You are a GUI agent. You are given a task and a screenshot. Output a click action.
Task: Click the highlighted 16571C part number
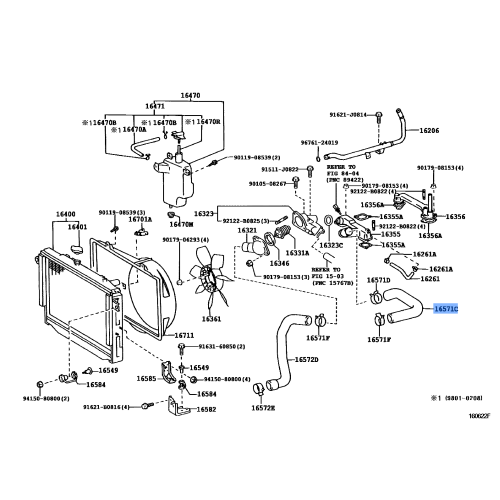point(448,311)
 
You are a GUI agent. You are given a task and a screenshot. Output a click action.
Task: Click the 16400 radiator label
point(66,215)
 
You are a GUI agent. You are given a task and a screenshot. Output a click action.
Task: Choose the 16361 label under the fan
point(211,319)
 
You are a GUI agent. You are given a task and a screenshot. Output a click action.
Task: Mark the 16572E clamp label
point(263,408)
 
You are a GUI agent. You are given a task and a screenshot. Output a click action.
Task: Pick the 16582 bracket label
point(206,410)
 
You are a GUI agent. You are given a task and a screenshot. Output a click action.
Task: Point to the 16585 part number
point(147,379)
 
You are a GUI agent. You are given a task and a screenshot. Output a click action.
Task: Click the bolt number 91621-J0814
point(347,114)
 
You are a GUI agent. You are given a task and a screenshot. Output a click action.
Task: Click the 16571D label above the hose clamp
point(378,281)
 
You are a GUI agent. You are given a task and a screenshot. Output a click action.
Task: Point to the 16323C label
point(334,243)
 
